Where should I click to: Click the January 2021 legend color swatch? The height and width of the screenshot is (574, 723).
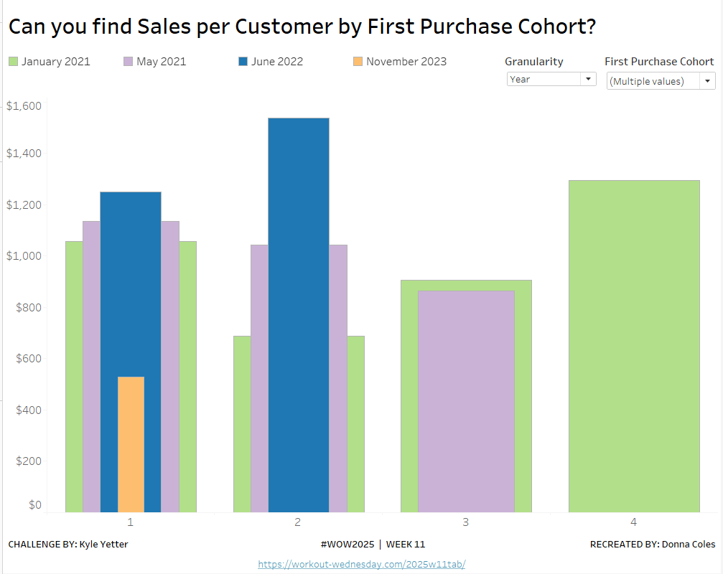point(13,62)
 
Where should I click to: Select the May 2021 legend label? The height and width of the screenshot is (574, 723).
point(161,62)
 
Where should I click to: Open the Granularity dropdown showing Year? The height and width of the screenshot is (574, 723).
point(551,79)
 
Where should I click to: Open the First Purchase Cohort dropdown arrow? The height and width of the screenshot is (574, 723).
point(708,81)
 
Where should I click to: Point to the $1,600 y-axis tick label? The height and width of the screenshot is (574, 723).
point(24,106)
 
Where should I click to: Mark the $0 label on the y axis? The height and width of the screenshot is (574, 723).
point(35,504)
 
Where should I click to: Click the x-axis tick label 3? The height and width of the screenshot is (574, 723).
point(466,522)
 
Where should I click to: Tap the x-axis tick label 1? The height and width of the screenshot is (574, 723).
point(130,522)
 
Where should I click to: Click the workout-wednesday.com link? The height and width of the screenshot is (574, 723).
point(361,564)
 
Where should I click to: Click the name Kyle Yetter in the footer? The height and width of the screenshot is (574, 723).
point(104,545)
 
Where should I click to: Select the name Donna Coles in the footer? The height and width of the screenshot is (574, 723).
point(689,545)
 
